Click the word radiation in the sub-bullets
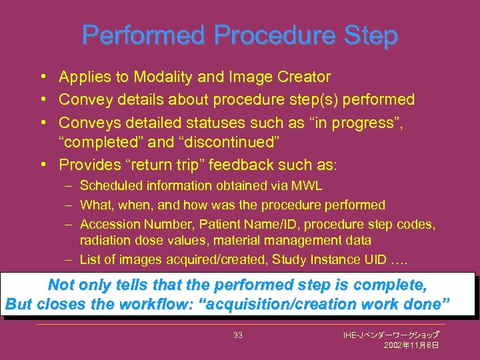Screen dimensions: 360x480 pyautogui.click(x=103, y=240)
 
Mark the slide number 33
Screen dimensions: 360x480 pyautogui.click(x=238, y=335)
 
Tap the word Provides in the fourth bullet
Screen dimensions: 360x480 pyautogui.click(x=87, y=164)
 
